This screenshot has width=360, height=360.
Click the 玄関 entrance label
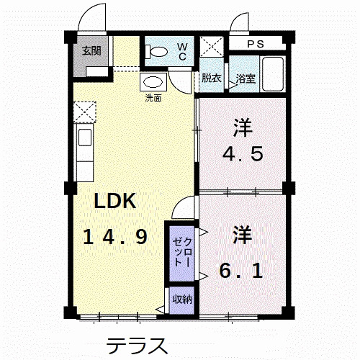91,51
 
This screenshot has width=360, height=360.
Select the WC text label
181,50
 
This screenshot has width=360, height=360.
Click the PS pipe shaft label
256,43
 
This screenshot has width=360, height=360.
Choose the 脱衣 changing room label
211,78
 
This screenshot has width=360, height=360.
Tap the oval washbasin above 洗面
152,81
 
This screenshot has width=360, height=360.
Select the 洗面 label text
153,97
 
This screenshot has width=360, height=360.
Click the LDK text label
117,202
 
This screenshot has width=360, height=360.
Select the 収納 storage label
181,300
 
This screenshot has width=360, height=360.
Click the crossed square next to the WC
212,48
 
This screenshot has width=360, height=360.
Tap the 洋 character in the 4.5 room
242,130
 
